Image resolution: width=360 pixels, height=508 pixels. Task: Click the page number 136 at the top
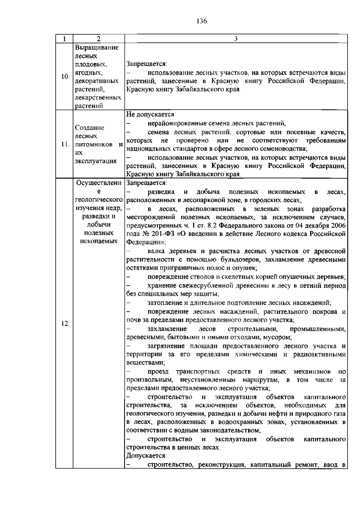click(x=202, y=21)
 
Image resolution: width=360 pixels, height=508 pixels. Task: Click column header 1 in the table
click(x=64, y=39)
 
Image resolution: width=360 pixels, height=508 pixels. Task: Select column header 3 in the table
click(x=236, y=39)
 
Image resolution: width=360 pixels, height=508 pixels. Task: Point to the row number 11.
click(x=65, y=144)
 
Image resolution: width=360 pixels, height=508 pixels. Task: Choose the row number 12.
click(x=65, y=324)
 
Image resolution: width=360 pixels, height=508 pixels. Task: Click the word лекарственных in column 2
click(x=98, y=98)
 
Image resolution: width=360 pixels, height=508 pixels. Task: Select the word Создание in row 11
click(x=90, y=128)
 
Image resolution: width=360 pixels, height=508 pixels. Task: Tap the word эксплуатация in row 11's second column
click(x=96, y=161)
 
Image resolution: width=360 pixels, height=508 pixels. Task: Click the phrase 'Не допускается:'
click(x=151, y=114)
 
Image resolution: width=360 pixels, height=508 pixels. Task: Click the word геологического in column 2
click(x=99, y=200)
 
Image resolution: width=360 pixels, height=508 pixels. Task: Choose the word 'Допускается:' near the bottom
click(x=146, y=456)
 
